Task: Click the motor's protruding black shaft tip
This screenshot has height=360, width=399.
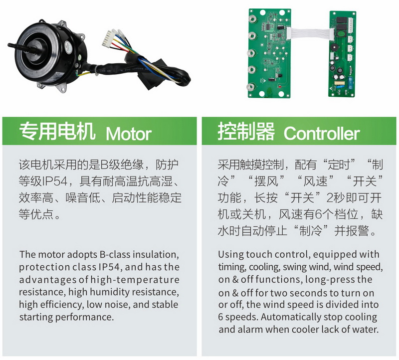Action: (9, 45)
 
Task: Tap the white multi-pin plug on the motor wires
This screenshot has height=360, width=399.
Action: (107, 39)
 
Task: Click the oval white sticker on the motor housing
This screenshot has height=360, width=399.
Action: (68, 46)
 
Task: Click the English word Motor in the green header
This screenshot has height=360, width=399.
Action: (129, 133)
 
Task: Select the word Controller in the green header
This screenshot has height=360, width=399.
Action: (322, 133)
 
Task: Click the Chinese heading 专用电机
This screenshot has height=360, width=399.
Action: (57, 131)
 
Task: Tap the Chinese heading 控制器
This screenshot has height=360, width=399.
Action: (246, 131)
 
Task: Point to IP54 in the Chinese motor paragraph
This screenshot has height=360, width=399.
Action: (55, 181)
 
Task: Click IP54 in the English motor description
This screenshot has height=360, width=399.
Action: (109, 267)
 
